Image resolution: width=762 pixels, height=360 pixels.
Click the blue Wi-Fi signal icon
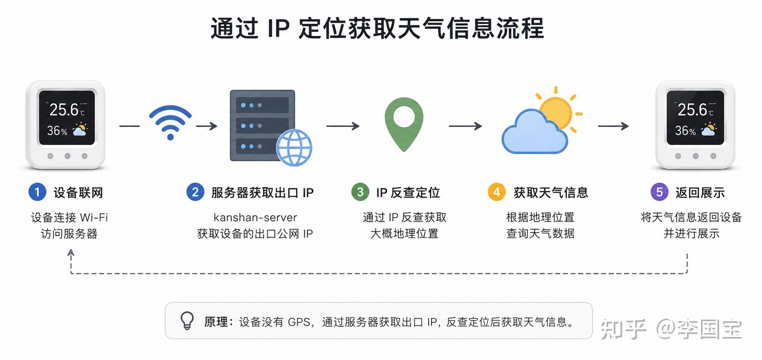tap(170, 122)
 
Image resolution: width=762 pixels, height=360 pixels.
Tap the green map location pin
tap(404, 124)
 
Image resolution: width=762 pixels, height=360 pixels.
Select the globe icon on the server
tap(294, 147)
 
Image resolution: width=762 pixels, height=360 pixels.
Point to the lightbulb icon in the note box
tap(187, 321)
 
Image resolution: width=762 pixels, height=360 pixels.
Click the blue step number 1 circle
tap(37, 192)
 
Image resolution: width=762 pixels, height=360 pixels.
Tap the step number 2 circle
tap(195, 192)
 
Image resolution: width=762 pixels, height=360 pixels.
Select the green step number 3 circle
tap(360, 192)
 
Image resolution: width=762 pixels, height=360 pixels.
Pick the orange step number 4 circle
tap(496, 192)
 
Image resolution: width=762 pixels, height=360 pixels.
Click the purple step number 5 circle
tap(659, 192)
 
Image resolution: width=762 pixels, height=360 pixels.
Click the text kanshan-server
tap(255, 217)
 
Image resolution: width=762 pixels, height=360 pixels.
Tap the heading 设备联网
tap(78, 193)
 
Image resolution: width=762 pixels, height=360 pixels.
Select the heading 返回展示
tap(700, 193)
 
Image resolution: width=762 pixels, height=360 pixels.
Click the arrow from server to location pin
tap(343, 126)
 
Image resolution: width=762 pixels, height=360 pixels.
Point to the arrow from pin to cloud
tap(465, 126)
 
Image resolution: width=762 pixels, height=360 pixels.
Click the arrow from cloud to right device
tap(613, 126)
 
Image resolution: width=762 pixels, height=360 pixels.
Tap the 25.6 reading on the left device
tap(64, 110)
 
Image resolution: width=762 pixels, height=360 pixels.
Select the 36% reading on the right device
tap(686, 131)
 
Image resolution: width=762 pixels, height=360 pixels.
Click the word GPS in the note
tap(299, 322)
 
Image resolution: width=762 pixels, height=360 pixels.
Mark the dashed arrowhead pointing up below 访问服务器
tap(71, 252)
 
